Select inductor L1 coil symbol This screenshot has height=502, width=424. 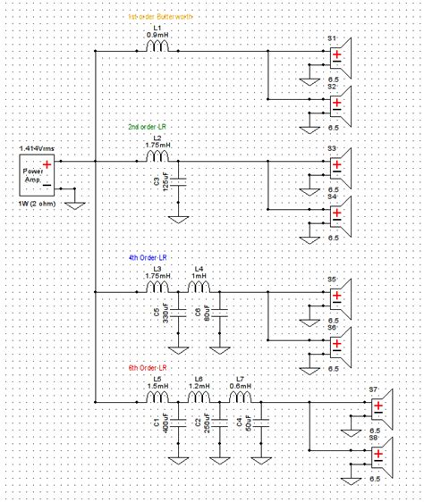coord(157,51)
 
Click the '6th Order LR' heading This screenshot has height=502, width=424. coord(155,367)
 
